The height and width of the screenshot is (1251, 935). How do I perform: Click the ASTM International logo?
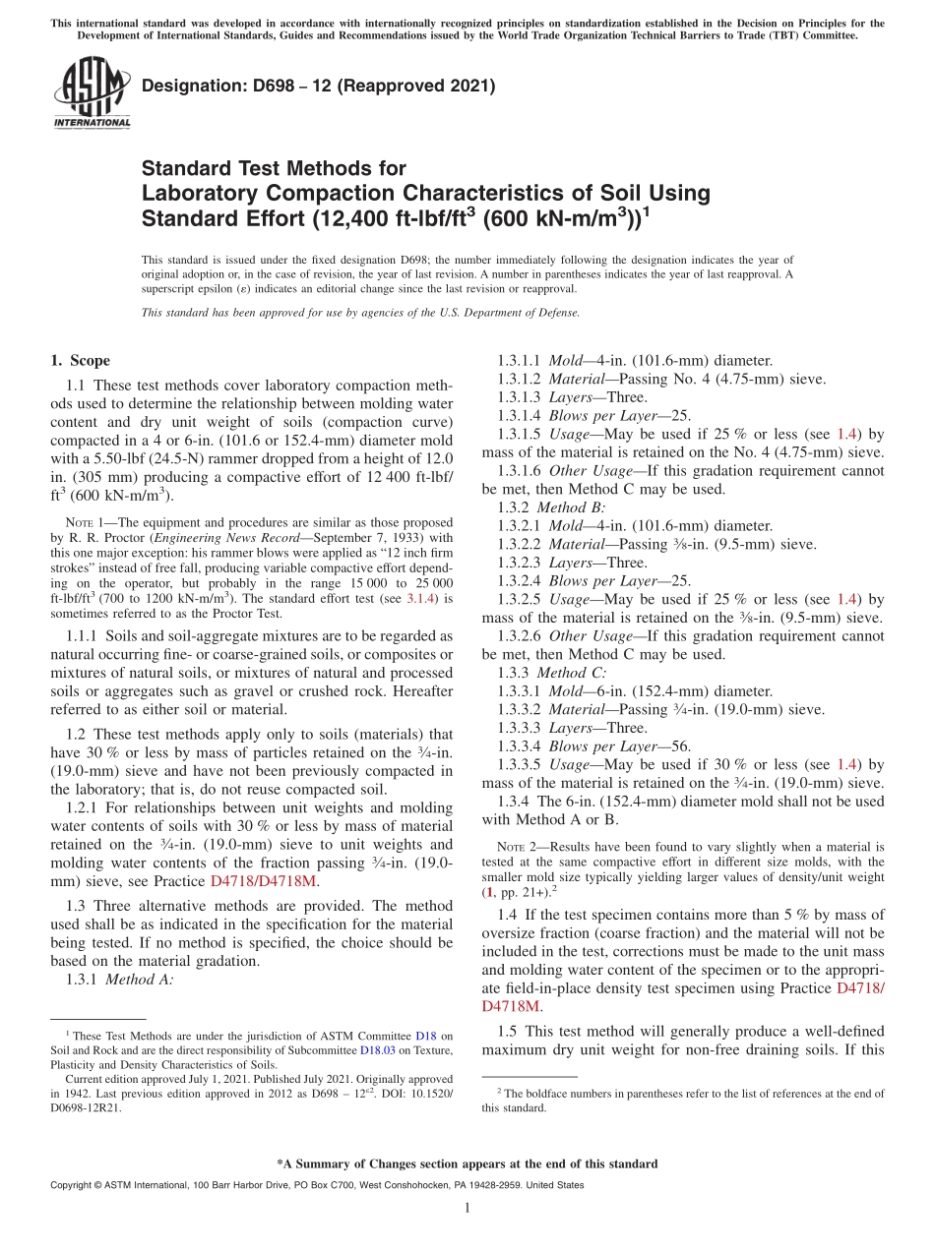coord(92,93)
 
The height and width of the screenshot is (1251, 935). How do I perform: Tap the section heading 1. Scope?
coord(80,361)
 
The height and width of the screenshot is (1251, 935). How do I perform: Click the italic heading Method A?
coord(139,980)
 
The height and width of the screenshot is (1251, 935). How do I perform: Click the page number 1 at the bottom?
coord(467,1209)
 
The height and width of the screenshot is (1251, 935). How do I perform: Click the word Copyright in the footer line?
coord(71,1186)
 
